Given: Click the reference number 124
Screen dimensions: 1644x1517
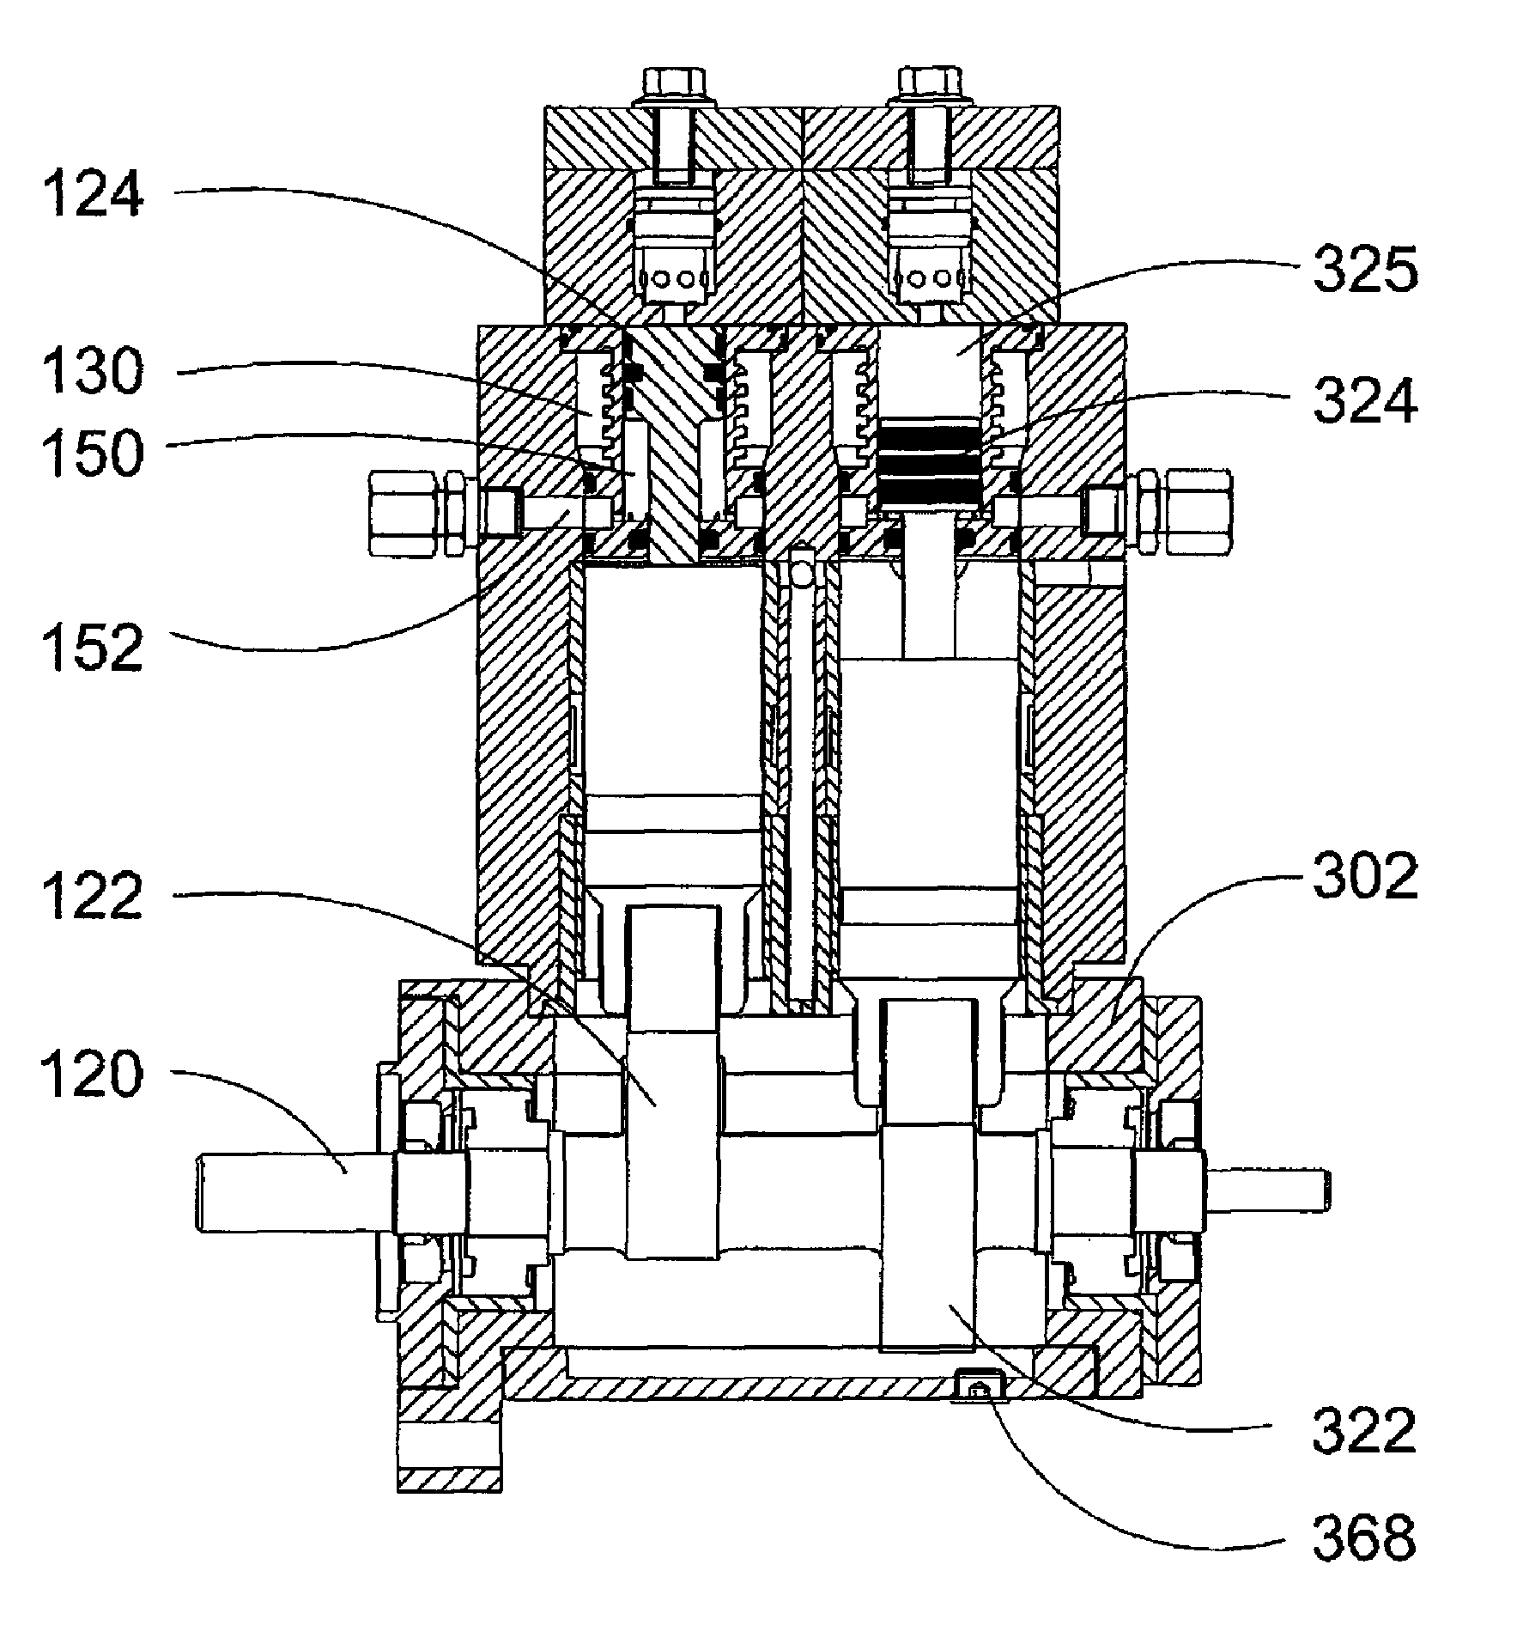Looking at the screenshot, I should click(x=91, y=194).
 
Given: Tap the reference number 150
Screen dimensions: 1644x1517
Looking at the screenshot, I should click(x=91, y=454).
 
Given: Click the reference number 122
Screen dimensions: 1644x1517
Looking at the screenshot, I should click(x=91, y=897).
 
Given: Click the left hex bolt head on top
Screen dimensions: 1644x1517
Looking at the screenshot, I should click(x=673, y=82).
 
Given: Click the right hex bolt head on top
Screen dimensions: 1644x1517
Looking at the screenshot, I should click(x=929, y=82).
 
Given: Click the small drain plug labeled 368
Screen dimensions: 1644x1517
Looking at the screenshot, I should click(x=977, y=1379).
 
